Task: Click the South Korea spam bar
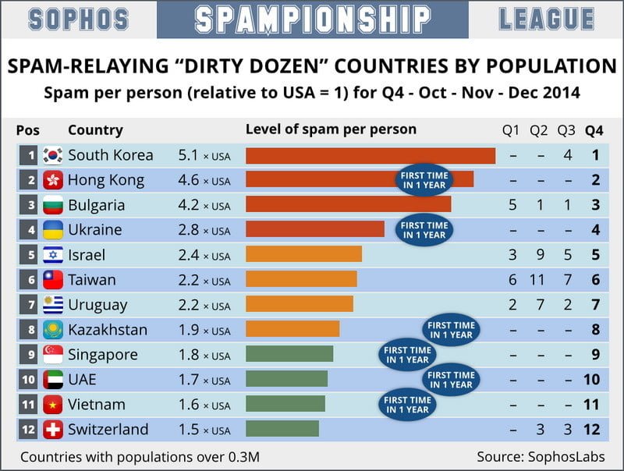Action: [x=370, y=155]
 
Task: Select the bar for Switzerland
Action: [x=282, y=429]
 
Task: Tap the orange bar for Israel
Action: [x=303, y=255]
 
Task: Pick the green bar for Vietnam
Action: [x=285, y=404]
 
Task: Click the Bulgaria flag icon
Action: [x=53, y=205]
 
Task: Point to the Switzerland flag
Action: [x=53, y=430]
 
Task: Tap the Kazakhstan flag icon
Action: [x=53, y=330]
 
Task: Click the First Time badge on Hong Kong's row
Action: [x=424, y=180]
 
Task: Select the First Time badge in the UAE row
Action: [x=452, y=380]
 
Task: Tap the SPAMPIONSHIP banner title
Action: [x=312, y=19]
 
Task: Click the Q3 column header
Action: [x=566, y=130]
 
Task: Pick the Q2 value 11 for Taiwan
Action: [x=539, y=280]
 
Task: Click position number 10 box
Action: [x=29, y=380]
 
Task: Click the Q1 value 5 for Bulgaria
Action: [x=512, y=205]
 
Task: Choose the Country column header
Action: [x=95, y=130]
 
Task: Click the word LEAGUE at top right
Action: [x=546, y=19]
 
